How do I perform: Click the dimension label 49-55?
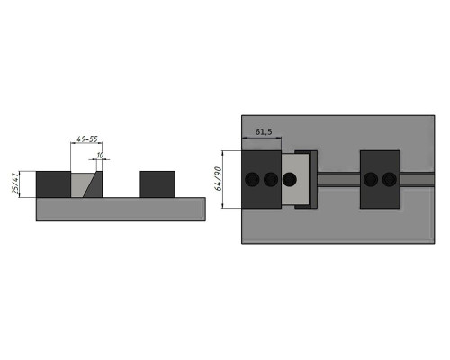87,139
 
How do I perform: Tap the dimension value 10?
100,156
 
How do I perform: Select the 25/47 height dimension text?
15,184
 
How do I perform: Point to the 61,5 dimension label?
264,131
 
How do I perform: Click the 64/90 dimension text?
218,179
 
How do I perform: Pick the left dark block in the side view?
53,184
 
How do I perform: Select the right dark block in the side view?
157,184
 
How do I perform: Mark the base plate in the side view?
121,210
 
